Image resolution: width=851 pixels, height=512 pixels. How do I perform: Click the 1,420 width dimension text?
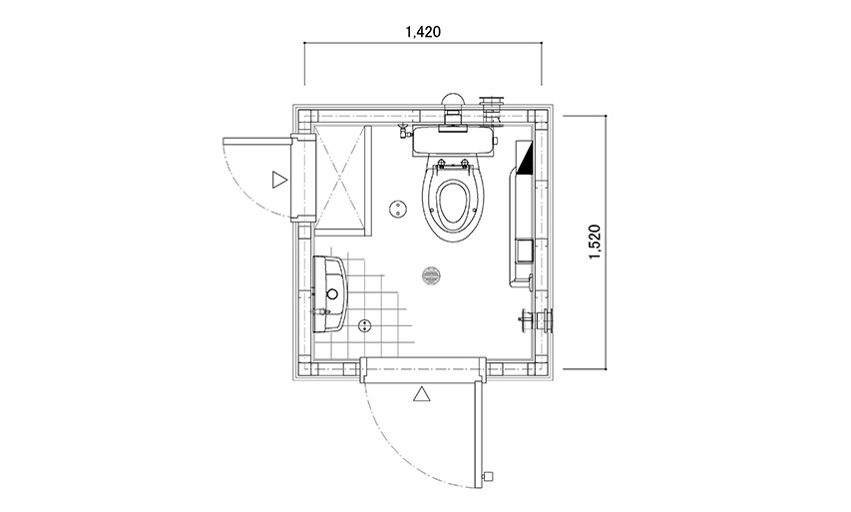(x=423, y=32)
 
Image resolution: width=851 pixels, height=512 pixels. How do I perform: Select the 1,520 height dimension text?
(x=595, y=242)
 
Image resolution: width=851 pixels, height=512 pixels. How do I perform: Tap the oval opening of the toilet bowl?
(x=452, y=205)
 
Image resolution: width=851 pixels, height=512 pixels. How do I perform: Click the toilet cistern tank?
(x=453, y=141)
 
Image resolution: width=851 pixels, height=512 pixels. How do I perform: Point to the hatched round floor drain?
(x=431, y=275)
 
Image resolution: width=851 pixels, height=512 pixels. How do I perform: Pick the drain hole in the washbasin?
(x=332, y=293)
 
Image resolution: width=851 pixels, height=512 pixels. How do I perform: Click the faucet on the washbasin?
(x=321, y=312)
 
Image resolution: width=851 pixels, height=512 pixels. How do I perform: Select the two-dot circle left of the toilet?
(x=399, y=209)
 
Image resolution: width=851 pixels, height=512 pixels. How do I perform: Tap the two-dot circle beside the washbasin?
(x=365, y=324)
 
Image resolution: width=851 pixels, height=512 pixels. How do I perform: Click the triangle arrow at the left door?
(x=278, y=180)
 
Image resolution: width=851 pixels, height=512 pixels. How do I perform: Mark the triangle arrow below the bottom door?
(x=422, y=394)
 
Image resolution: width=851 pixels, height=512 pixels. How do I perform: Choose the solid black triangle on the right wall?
(x=527, y=160)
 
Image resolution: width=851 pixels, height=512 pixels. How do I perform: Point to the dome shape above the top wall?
(x=453, y=100)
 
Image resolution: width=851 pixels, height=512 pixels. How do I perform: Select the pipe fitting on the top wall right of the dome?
(x=492, y=110)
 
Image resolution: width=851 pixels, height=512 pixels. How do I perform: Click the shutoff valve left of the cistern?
(x=404, y=132)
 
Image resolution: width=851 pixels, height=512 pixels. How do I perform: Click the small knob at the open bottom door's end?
(x=488, y=477)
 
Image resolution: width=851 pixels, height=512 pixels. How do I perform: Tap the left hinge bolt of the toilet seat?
(x=441, y=163)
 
